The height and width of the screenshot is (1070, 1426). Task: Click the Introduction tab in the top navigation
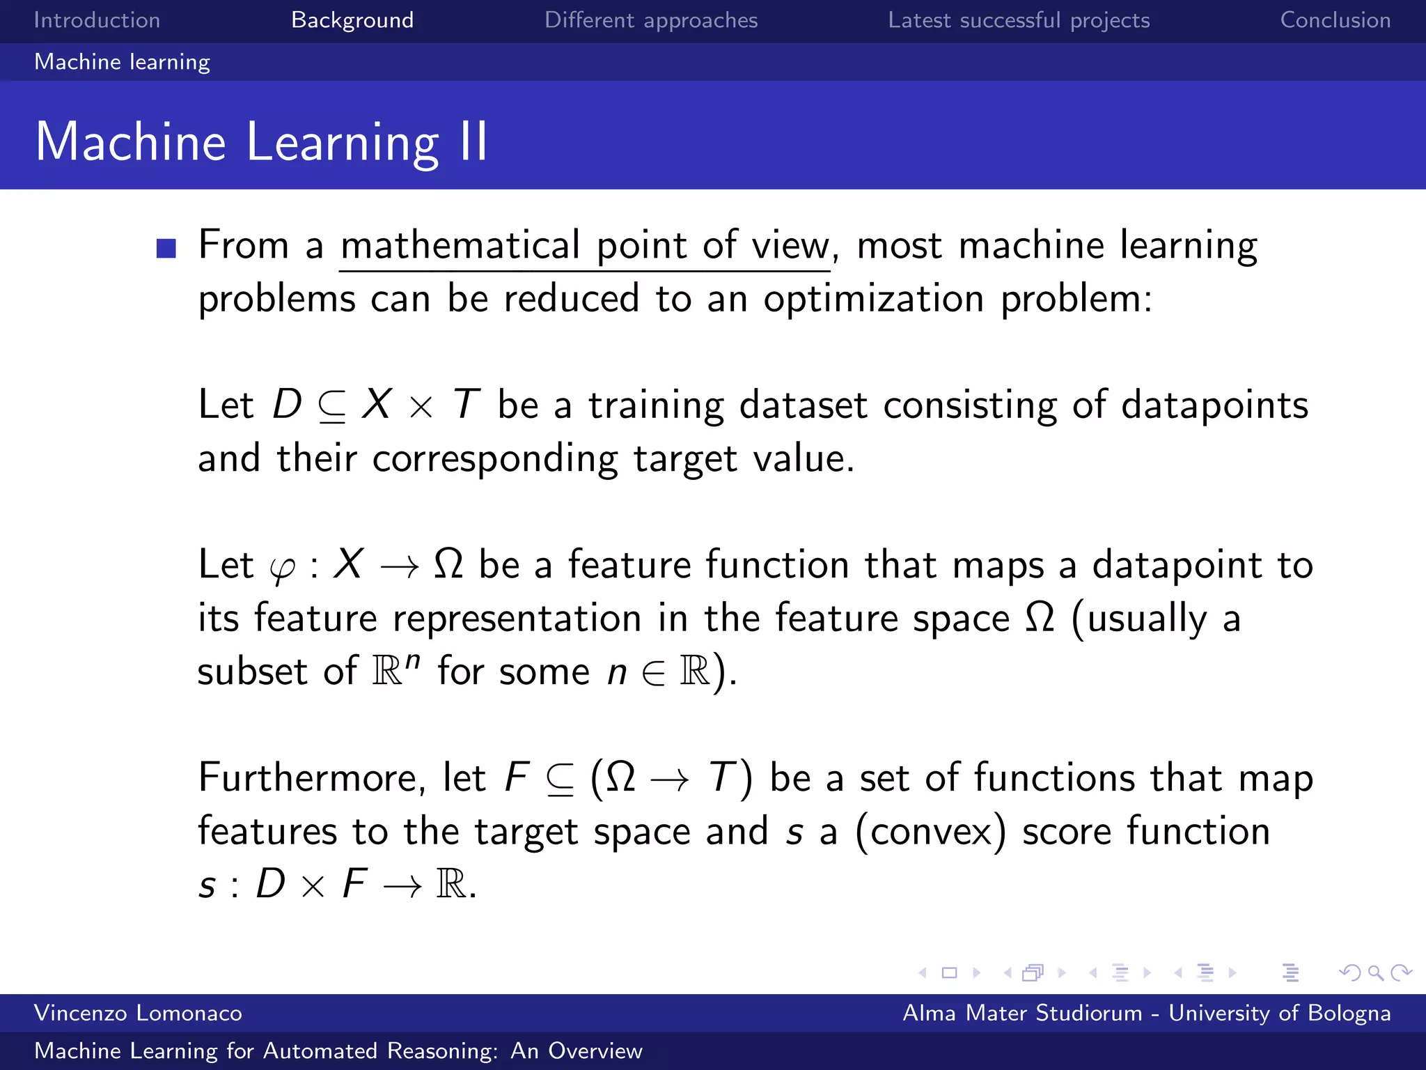[97, 20]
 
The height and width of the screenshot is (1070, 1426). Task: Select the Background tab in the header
[352, 20]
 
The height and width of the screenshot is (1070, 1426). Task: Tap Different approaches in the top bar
[650, 20]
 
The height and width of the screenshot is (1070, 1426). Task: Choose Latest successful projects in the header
[1019, 20]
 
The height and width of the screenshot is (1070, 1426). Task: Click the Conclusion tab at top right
[1335, 20]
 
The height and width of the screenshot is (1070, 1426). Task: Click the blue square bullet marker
[166, 248]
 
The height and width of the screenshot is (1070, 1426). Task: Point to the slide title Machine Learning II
[261, 141]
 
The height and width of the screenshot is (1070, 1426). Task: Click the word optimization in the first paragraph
[873, 300]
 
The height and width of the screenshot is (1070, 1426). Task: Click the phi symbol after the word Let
[282, 568]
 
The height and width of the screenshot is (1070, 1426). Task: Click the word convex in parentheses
[930, 832]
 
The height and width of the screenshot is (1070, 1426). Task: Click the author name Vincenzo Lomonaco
[138, 1013]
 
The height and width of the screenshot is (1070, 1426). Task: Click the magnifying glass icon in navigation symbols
[1375, 972]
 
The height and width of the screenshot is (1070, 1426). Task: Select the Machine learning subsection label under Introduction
[122, 62]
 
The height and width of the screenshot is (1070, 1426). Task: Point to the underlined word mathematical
[460, 246]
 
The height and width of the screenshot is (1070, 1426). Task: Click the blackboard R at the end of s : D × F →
[450, 885]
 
